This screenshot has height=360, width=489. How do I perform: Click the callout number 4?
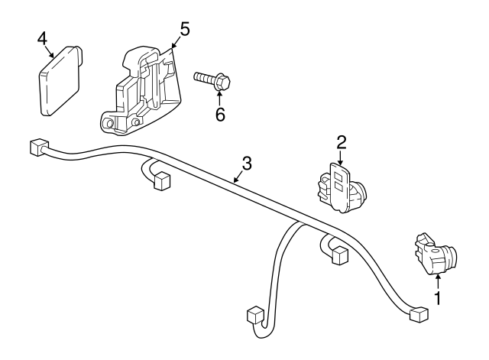coord(42,39)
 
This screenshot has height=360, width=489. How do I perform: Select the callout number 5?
coord(185,29)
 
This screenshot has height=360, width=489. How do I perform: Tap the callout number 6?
coord(220,115)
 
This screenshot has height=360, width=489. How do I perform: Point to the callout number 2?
coord(342,142)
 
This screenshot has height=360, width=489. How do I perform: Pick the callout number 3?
coord(247,164)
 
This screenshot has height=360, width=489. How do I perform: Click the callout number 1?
coord(438,298)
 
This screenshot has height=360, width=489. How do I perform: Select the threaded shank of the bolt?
coord(205,77)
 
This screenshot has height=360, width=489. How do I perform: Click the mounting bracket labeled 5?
coord(141,91)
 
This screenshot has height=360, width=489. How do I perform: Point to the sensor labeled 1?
coord(436,254)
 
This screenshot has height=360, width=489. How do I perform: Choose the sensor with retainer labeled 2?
coord(342,188)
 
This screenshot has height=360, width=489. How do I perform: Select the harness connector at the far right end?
coord(418,314)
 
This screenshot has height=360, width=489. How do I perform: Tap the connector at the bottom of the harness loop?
coord(256,316)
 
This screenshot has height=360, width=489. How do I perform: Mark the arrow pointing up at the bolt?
coord(219,99)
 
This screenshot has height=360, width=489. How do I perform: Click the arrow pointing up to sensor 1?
coord(438,281)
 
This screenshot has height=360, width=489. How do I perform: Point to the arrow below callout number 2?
coord(340,157)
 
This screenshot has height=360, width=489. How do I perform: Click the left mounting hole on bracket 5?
coord(108,123)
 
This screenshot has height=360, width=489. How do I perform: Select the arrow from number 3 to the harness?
coord(238,177)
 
